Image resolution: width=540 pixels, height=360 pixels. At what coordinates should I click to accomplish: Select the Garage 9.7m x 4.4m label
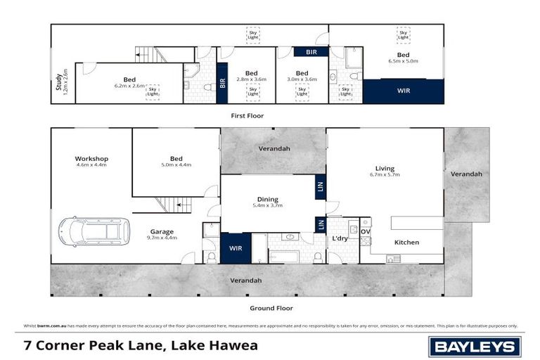(162, 234)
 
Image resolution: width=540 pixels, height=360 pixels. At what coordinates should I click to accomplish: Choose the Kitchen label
(406, 243)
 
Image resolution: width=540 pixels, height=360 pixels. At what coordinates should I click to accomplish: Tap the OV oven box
(365, 231)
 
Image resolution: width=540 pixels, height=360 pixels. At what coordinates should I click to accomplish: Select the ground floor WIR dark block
(236, 249)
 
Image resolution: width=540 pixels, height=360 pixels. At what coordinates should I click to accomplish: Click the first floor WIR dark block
(403, 91)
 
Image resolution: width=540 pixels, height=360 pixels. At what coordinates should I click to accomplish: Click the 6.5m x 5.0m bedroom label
(403, 58)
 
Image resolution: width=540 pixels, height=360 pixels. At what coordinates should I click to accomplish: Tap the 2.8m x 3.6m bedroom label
(251, 76)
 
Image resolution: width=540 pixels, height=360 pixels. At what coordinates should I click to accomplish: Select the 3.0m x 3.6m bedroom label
(302, 76)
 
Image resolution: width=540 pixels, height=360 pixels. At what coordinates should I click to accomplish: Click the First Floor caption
(247, 115)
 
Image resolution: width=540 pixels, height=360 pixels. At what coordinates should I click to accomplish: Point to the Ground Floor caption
(271, 308)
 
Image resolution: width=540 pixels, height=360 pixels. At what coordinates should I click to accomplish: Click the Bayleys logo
(475, 346)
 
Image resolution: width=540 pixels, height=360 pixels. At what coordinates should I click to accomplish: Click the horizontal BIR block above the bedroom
(311, 52)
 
